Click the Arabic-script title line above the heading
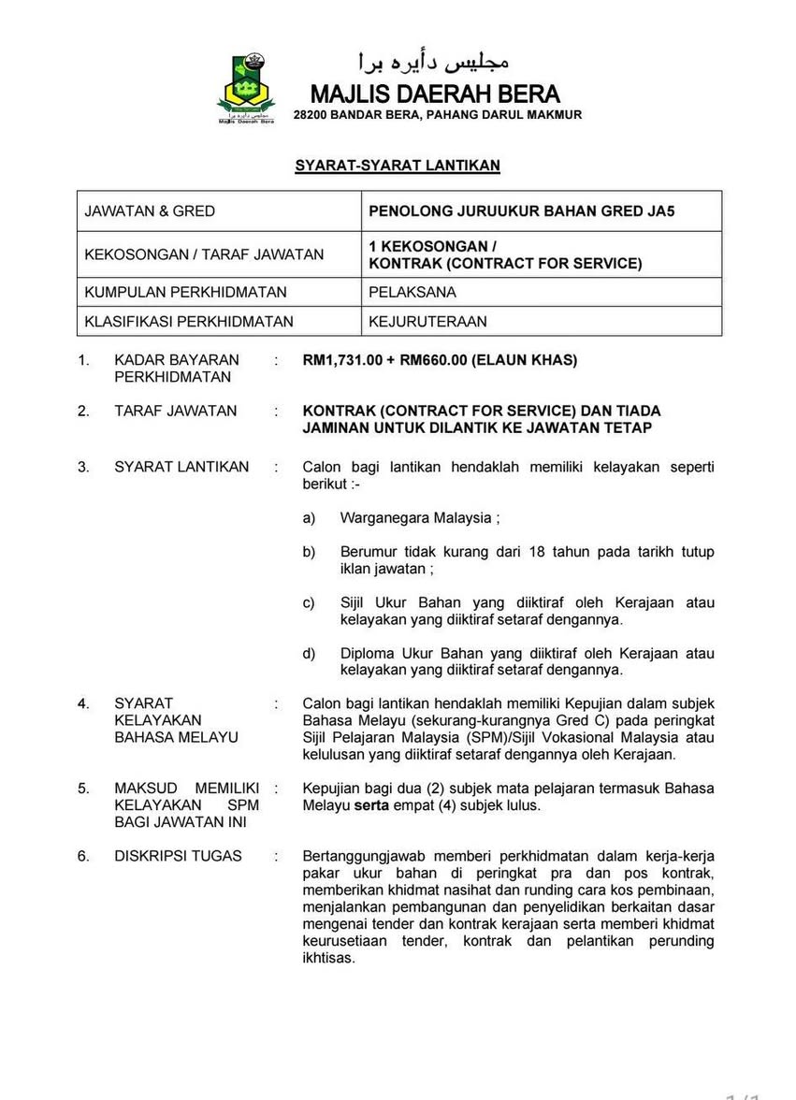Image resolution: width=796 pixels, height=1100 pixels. (434, 63)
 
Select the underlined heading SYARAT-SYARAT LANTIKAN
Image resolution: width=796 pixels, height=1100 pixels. (398, 166)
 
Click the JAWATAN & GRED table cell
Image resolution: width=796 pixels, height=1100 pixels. (150, 211)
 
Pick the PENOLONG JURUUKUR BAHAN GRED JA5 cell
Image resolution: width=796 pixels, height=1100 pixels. (521, 211)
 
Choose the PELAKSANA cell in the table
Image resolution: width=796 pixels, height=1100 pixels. (412, 292)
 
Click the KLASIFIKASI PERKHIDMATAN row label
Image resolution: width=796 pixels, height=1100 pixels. (189, 321)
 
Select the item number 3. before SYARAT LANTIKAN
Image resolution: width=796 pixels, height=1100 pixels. (84, 466)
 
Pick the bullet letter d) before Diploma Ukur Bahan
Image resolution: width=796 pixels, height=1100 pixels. (309, 653)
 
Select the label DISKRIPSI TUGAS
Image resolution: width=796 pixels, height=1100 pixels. (178, 855)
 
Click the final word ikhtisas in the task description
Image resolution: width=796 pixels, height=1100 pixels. (329, 957)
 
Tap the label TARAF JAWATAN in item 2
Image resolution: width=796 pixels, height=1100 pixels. (176, 411)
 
